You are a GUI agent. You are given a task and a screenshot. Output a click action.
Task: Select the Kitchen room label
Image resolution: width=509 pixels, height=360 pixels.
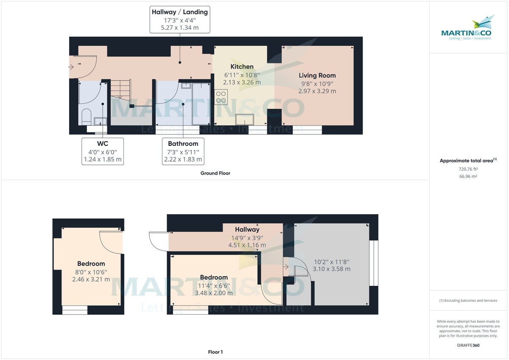point(242,67)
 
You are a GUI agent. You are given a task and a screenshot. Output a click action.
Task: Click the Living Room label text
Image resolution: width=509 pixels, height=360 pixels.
point(317,75)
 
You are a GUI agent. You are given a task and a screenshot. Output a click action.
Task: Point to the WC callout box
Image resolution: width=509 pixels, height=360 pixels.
point(103,151)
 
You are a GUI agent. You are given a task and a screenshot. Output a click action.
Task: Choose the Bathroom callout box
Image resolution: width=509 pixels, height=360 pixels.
point(183,151)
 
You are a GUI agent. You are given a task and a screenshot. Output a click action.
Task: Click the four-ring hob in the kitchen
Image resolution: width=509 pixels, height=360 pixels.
point(221,97)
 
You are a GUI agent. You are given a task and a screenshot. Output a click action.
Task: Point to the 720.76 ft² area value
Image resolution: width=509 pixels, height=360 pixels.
point(468,169)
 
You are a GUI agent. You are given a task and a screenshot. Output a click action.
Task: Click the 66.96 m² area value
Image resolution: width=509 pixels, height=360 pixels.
point(468,176)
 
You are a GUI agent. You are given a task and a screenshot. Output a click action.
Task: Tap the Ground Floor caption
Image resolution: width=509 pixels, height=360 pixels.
point(215,173)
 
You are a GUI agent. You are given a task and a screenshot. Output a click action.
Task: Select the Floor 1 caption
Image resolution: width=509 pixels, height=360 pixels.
point(215,352)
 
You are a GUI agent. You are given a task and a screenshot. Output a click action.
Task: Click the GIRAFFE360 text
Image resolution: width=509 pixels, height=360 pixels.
point(468,345)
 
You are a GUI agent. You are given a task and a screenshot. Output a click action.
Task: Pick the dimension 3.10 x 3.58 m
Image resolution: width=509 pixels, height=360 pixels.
point(331,269)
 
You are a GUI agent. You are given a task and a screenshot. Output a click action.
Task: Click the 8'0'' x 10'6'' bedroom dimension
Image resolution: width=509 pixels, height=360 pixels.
point(91,272)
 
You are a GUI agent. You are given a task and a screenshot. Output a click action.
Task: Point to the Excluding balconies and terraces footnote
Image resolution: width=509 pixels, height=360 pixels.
point(468,300)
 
